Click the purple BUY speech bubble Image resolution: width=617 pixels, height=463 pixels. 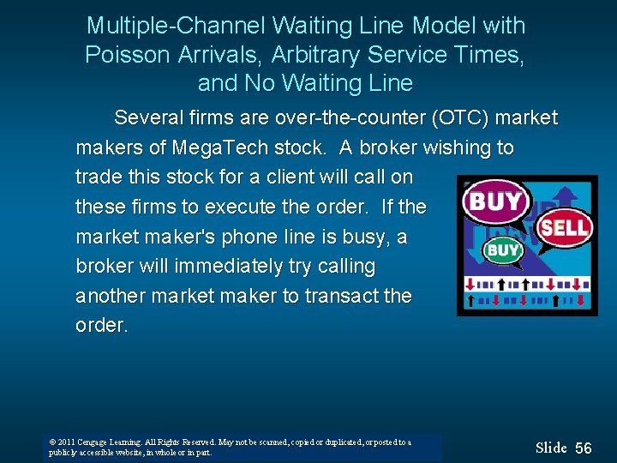(494, 202)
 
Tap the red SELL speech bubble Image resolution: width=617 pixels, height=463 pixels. (564, 227)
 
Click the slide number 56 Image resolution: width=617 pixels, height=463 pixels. (584, 448)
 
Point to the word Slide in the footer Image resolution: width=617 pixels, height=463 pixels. (551, 448)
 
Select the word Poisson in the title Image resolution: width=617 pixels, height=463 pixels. (129, 55)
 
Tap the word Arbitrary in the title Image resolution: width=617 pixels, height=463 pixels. (316, 55)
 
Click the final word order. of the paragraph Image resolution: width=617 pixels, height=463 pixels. (101, 326)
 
